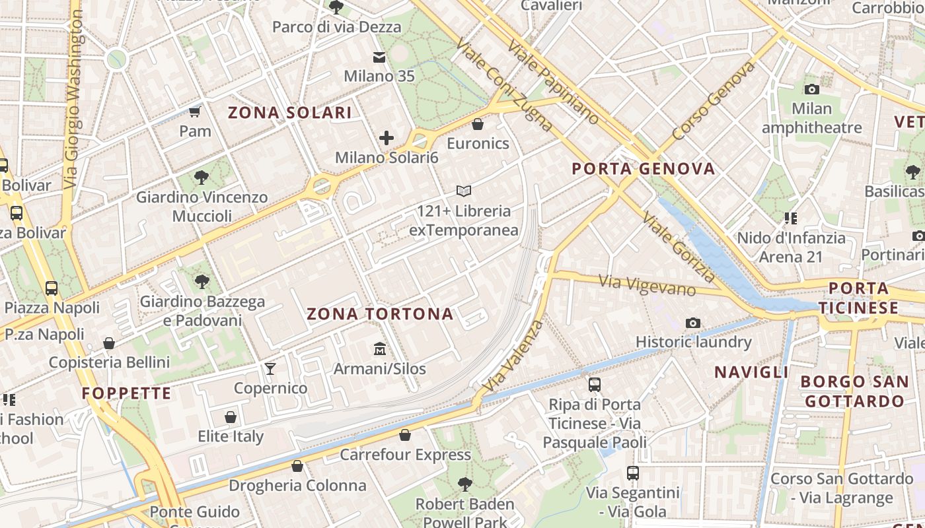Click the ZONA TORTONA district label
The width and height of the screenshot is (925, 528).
pyautogui.click(x=380, y=313)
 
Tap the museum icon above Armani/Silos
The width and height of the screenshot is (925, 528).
pyautogui.click(x=380, y=348)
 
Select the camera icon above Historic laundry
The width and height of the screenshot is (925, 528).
pyautogui.click(x=692, y=323)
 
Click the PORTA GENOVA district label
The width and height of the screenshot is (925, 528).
pyautogui.click(x=644, y=168)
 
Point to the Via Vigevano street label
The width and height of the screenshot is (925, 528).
pyautogui.click(x=647, y=285)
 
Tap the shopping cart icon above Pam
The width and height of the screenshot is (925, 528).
pyautogui.click(x=195, y=111)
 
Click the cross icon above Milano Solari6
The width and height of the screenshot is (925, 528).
pyautogui.click(x=387, y=138)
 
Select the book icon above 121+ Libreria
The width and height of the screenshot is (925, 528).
pyautogui.click(x=464, y=191)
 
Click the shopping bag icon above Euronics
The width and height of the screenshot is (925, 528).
pyautogui.click(x=478, y=124)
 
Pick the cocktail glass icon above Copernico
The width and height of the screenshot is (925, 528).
pyautogui.click(x=270, y=368)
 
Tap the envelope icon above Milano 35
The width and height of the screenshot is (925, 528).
pyautogui.click(x=379, y=57)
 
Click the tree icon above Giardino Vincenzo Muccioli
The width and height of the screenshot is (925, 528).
pyautogui.click(x=202, y=178)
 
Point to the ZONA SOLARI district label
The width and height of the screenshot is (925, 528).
pyautogui.click(x=289, y=113)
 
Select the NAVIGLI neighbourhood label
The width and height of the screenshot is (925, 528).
pyautogui.click(x=751, y=372)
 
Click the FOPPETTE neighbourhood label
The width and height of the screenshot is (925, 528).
pyautogui.click(x=126, y=393)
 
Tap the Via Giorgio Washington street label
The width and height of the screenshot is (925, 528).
pyautogui.click(x=75, y=99)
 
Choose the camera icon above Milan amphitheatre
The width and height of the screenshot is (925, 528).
pyautogui.click(x=811, y=89)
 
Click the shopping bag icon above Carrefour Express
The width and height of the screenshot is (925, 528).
pyautogui.click(x=405, y=435)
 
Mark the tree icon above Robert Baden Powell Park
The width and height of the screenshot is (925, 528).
pyautogui.click(x=464, y=484)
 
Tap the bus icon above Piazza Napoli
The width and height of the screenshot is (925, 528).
pyautogui.click(x=52, y=288)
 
